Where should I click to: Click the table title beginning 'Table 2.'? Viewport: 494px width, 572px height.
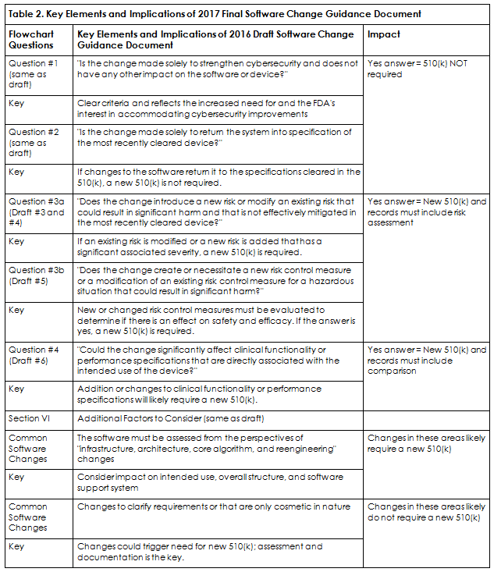click(214, 13)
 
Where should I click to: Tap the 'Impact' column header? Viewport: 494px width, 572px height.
click(385, 35)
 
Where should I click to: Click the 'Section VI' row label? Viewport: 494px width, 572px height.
click(28, 418)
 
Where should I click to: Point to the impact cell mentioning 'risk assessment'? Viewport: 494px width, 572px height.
click(426, 211)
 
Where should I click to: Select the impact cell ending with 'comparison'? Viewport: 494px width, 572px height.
click(426, 361)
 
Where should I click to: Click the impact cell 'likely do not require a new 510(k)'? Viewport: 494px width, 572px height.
click(426, 512)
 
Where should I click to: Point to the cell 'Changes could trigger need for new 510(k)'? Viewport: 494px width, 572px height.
click(200, 552)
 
